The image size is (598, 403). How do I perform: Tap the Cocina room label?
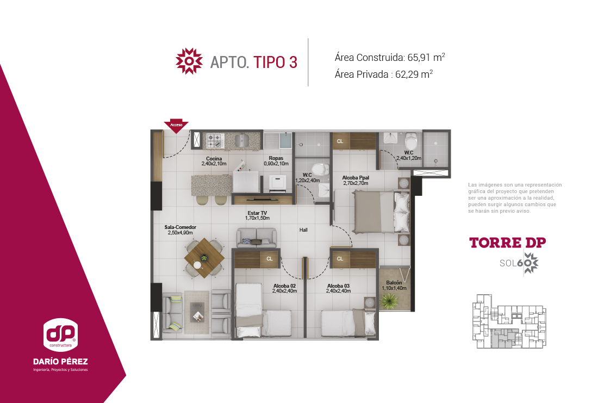214,161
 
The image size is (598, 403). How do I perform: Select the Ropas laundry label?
276,160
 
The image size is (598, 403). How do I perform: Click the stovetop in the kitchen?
215,140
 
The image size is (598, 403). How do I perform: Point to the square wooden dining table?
204,258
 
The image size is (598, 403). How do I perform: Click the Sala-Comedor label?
180,230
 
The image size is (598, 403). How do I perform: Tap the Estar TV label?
258,215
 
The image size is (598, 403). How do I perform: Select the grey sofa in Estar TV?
257,238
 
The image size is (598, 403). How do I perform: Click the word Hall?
303,230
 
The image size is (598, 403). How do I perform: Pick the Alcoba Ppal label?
356,181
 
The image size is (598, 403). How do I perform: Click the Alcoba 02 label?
284,288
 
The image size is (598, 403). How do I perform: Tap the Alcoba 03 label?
338,288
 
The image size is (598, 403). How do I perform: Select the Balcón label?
394,286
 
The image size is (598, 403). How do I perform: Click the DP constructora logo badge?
61,334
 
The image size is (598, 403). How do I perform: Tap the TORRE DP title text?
508,243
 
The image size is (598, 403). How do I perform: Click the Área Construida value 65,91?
419,58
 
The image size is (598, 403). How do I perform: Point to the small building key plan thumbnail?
509,321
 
